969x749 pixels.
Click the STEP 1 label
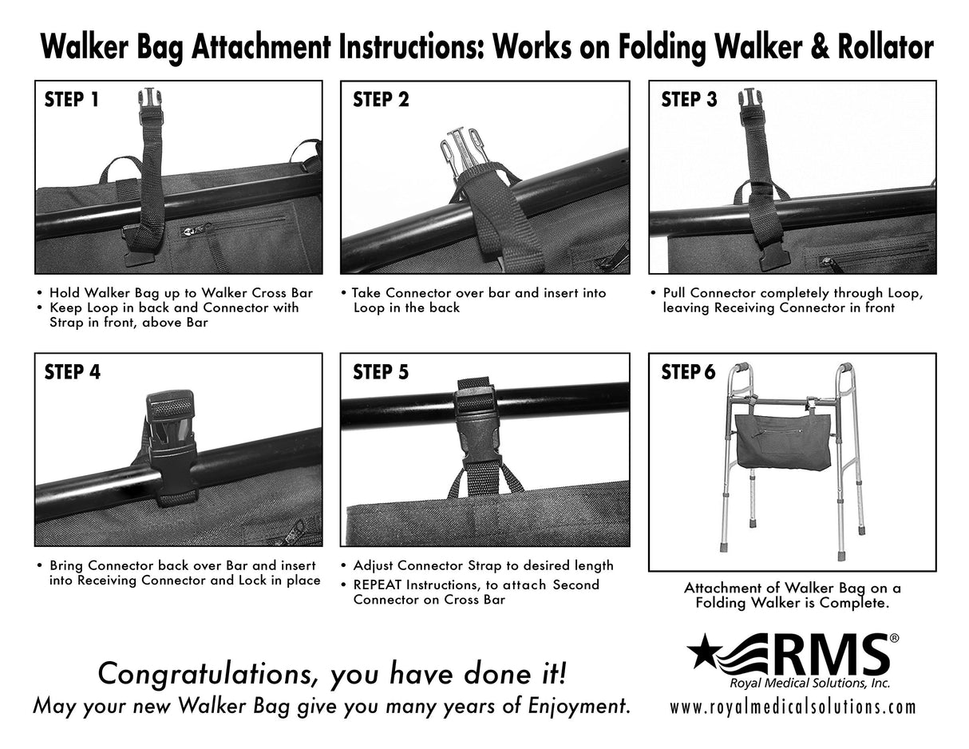pos(71,100)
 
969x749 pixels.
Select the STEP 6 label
pos(689,372)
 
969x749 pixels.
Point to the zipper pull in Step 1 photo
pos(185,230)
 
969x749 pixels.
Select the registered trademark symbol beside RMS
pos(894,639)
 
